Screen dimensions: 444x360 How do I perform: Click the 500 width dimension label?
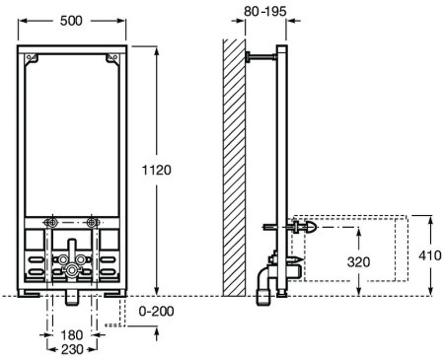coord(71,21)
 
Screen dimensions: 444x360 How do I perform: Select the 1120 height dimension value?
coord(157,170)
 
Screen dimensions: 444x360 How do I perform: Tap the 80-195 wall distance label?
coord(265,11)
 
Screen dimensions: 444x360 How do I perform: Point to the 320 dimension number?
coord(358,262)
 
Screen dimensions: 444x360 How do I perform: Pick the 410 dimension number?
coord(430,255)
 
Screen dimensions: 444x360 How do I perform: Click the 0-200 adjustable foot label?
coord(157,311)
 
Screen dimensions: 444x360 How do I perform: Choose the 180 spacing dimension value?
coord(72,335)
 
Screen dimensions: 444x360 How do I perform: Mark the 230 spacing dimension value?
coord(72,349)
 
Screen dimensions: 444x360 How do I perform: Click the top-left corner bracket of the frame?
coord(33,58)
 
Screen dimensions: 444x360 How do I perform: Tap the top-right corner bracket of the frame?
coord(112,58)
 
